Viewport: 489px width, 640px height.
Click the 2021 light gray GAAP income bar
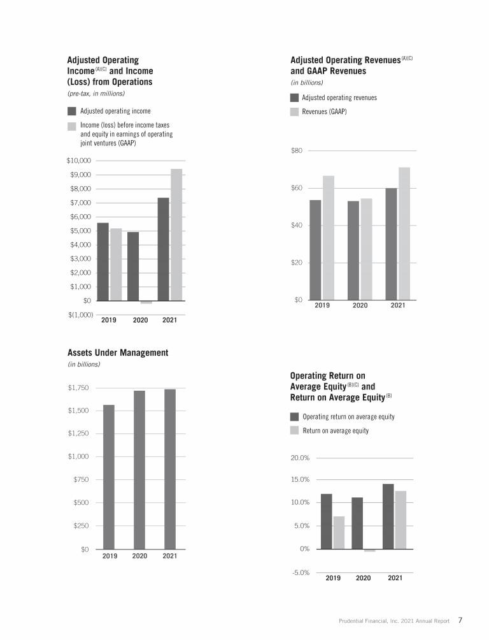pyautogui.click(x=176, y=235)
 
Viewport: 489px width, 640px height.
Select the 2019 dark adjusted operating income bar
pyautogui.click(x=103, y=262)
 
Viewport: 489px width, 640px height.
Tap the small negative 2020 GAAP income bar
pyautogui.click(x=146, y=302)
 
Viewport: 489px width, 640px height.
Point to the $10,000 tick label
pyautogui.click(x=80, y=161)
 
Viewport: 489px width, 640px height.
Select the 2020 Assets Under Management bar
pyautogui.click(x=139, y=470)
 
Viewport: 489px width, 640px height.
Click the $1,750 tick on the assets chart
pyautogui.click(x=79, y=388)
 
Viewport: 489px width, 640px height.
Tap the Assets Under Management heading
pyautogui.click(x=118, y=353)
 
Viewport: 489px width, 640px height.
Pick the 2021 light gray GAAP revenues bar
pyautogui.click(x=404, y=233)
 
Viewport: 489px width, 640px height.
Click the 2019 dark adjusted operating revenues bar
pyautogui.click(x=315, y=250)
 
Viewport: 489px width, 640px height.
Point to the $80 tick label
pyautogui.click(x=296, y=150)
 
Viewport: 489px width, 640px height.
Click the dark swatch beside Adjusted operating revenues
pyautogui.click(x=294, y=98)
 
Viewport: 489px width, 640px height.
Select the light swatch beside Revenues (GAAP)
pyautogui.click(x=294, y=112)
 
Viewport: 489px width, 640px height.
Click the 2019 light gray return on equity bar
pyautogui.click(x=339, y=532)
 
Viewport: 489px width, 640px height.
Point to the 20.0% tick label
pyautogui.click(x=299, y=458)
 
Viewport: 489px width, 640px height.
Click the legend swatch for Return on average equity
pyautogui.click(x=294, y=430)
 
